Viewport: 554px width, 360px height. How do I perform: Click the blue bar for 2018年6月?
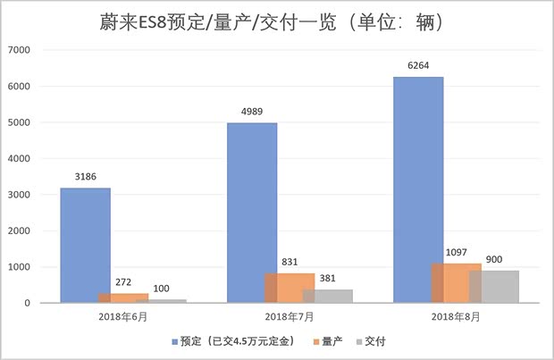pyautogui.click(x=85, y=246)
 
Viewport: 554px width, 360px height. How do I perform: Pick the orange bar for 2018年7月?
pyautogui.click(x=290, y=288)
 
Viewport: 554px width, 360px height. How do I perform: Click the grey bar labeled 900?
pyautogui.click(x=493, y=287)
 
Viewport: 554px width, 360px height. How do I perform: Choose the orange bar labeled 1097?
pyautogui.click(x=456, y=283)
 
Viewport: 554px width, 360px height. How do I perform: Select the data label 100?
pyautogui.click(x=161, y=289)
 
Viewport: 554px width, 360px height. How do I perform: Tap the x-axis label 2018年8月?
pyautogui.click(x=456, y=316)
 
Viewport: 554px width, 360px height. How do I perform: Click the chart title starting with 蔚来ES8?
pyautogui.click(x=276, y=20)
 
